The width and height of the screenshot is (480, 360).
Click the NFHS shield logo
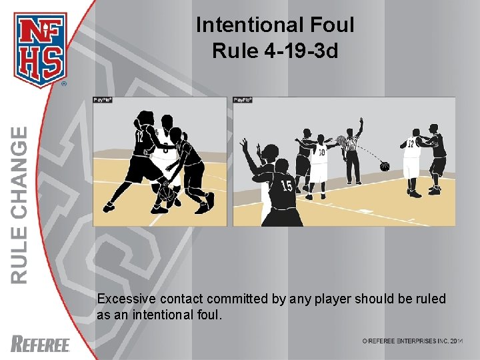(x=41, y=48)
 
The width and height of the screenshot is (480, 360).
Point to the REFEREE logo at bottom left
(x=41, y=344)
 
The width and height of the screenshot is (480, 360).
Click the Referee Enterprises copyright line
(x=412, y=341)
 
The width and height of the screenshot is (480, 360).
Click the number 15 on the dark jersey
(x=287, y=185)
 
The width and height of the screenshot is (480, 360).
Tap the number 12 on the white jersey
(x=411, y=143)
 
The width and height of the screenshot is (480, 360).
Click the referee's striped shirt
(x=351, y=144)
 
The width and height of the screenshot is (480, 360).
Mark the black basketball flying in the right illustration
(x=385, y=166)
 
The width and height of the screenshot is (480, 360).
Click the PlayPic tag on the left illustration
(x=102, y=100)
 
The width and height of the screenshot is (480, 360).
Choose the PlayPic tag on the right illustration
(x=242, y=100)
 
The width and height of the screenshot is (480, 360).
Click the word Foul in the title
(x=328, y=25)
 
